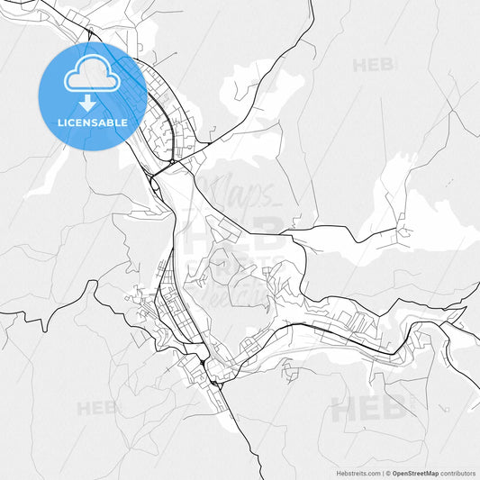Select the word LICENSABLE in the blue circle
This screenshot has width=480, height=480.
(92, 122)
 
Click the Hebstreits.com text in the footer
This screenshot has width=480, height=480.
(359, 472)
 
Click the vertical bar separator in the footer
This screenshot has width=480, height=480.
(383, 472)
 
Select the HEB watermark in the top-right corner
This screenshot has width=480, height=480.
(373, 65)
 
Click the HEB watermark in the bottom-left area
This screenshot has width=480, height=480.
(96, 408)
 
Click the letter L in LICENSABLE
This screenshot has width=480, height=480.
(60, 122)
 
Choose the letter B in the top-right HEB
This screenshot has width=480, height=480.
(389, 65)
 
